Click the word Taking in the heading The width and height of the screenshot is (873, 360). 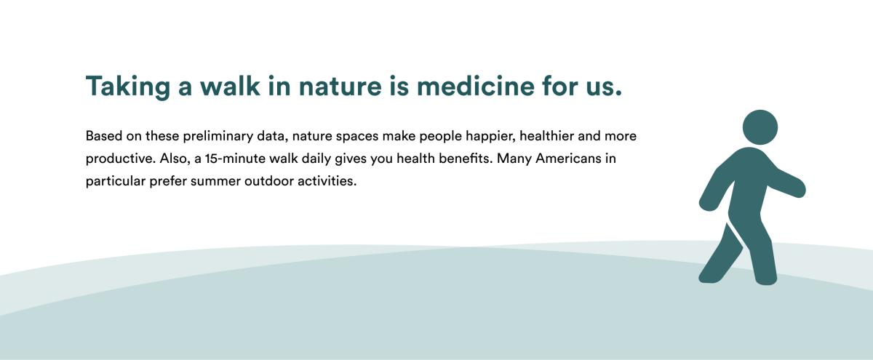(x=128, y=87)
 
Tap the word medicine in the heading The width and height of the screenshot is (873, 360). (x=476, y=86)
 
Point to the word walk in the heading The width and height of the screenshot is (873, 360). (x=230, y=86)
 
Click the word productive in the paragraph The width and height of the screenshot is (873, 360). (x=121, y=159)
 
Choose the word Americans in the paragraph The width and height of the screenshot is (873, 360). (x=568, y=159)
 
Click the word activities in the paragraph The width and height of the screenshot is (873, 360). (x=327, y=181)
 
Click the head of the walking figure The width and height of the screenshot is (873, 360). (x=760, y=127)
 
